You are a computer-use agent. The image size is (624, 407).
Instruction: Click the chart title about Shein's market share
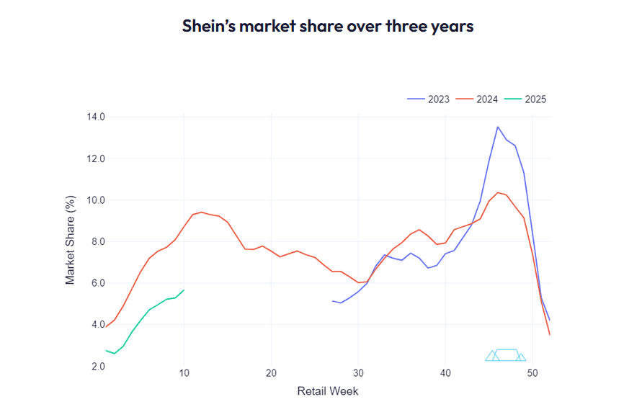327,27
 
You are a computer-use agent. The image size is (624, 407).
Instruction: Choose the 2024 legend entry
480,99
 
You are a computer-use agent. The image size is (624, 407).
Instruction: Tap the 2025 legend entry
528,99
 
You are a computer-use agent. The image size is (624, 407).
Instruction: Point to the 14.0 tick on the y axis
95,117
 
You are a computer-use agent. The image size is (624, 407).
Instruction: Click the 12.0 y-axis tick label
95,158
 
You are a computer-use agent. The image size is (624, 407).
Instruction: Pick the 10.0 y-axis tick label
95,200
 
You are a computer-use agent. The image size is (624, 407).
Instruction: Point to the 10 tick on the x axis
184,373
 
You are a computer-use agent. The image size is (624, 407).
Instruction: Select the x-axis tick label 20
271,373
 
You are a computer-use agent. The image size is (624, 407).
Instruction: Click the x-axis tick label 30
358,373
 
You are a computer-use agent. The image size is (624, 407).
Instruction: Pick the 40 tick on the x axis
445,373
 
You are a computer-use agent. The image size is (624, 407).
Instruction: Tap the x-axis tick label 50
532,373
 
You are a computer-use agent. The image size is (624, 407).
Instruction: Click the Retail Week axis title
327,391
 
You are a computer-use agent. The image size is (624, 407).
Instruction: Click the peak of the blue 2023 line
497,127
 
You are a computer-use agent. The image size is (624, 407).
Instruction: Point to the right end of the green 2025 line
184,290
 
